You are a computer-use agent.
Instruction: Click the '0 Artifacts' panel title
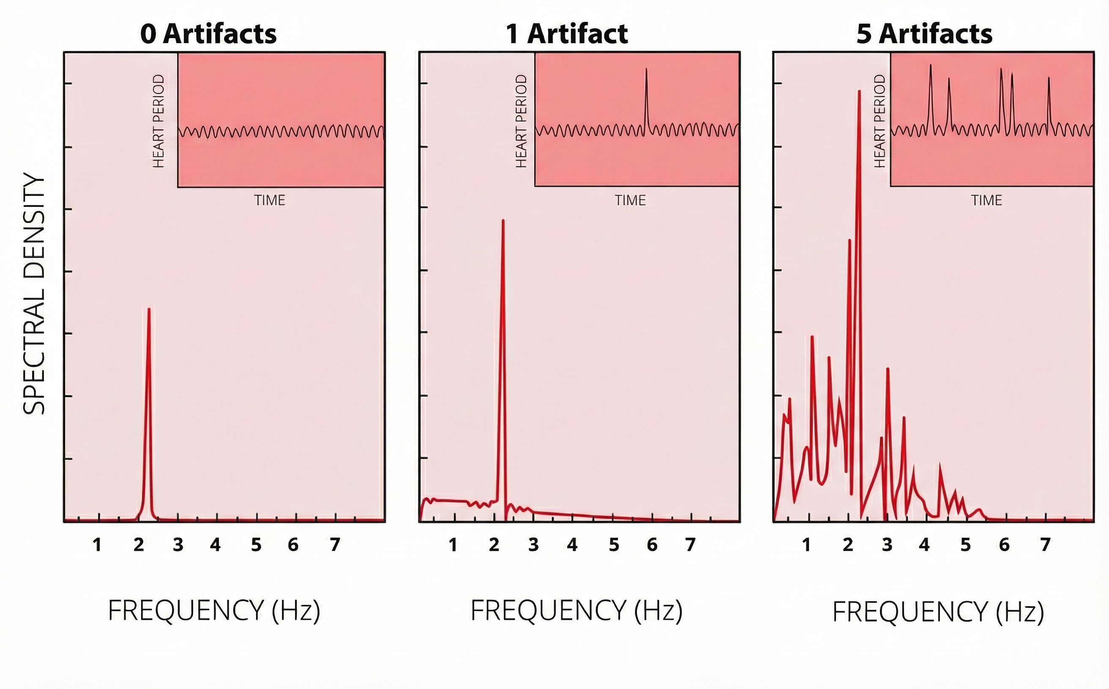pos(208,34)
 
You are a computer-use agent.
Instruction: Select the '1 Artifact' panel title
pos(567,34)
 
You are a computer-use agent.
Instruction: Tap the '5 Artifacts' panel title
pos(924,34)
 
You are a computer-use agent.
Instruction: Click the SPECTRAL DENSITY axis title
pos(34,294)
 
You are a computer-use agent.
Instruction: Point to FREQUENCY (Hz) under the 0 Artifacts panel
pos(214,610)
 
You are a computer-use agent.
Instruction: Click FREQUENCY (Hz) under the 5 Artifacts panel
pos(938,612)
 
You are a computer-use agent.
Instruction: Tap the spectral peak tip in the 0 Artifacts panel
pos(149,309)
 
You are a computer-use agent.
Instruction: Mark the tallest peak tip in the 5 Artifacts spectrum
pos(860,92)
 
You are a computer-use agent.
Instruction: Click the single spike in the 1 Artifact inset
pos(646,70)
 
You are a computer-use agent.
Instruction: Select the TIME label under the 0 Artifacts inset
pos(270,200)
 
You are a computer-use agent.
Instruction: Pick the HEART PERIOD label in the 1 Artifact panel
pos(521,121)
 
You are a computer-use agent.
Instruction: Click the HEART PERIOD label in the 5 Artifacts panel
pos(879,121)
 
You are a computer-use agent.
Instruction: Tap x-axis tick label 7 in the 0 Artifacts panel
pos(335,545)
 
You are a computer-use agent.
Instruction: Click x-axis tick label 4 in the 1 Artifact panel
pos(572,545)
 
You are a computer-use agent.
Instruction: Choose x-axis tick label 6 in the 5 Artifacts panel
pos(1004,545)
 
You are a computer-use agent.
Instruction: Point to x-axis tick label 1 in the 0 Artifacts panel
pos(97,545)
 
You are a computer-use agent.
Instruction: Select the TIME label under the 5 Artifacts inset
pos(986,200)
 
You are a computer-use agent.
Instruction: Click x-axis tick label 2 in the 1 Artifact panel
pos(494,545)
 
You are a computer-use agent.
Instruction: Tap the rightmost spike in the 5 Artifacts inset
pos(1049,79)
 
